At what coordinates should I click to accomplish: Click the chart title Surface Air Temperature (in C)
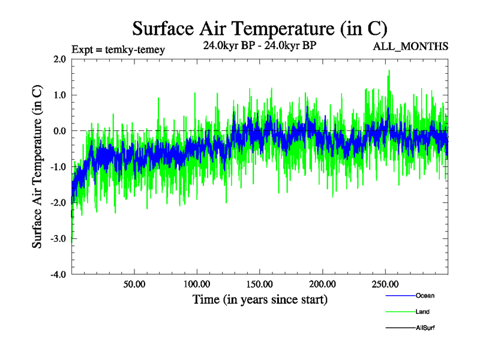259,28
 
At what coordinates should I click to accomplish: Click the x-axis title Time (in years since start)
260,299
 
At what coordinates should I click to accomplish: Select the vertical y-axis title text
37,167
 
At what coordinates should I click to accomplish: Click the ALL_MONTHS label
411,47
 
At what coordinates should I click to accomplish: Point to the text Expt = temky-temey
118,49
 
